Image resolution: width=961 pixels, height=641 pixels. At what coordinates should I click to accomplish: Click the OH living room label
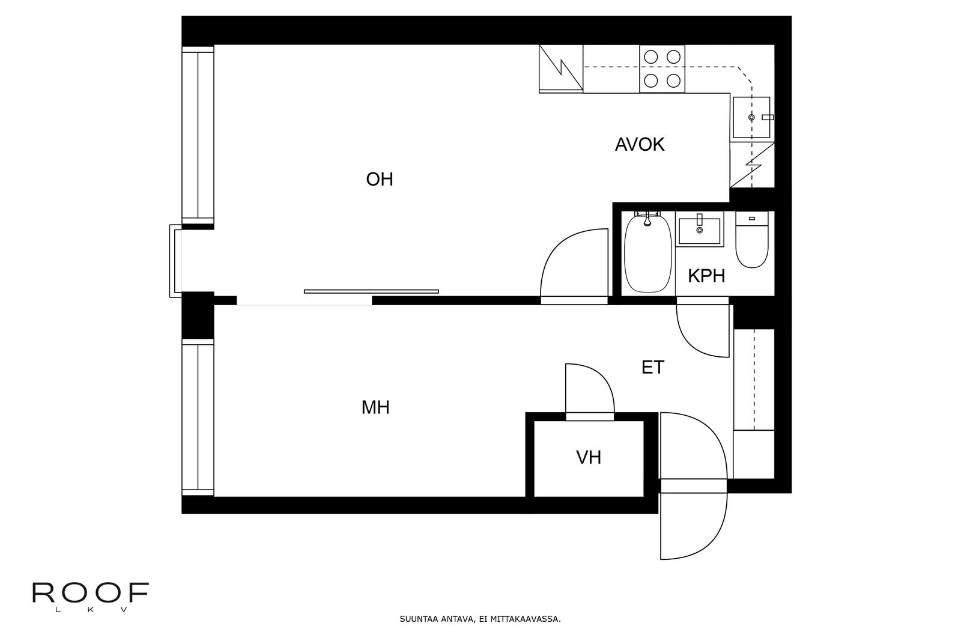pyautogui.click(x=379, y=180)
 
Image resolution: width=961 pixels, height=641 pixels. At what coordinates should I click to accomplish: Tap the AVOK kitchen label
pyautogui.click(x=640, y=145)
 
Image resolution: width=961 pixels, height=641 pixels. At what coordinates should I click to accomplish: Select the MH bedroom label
pyautogui.click(x=375, y=407)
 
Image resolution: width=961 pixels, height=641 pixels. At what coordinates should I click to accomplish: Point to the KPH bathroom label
pyautogui.click(x=706, y=276)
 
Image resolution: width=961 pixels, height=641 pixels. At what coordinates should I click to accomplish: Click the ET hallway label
pyautogui.click(x=652, y=367)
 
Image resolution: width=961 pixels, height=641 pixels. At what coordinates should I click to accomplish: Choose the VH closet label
pyautogui.click(x=588, y=458)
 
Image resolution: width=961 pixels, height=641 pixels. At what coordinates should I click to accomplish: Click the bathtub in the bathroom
pyautogui.click(x=648, y=252)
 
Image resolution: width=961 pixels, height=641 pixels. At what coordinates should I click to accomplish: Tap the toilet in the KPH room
pyautogui.click(x=751, y=240)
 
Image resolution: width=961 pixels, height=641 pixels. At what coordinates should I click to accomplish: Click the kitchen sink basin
pyautogui.click(x=751, y=117)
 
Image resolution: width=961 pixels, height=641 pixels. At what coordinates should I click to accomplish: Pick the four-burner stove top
pyautogui.click(x=662, y=68)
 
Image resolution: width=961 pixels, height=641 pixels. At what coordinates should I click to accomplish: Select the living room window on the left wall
pyautogui.click(x=198, y=135)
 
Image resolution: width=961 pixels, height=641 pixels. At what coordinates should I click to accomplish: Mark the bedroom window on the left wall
pyautogui.click(x=198, y=417)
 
